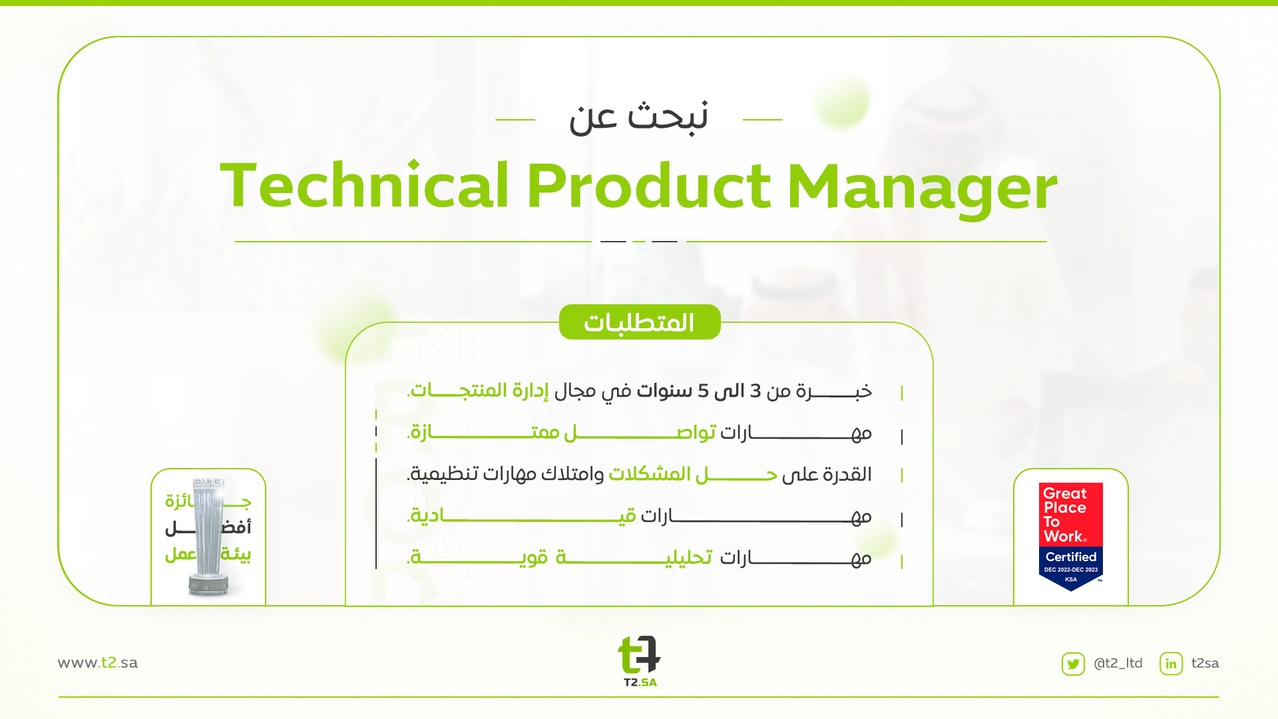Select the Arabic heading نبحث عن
point(638,118)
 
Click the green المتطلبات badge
point(640,322)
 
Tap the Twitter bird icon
point(1073,664)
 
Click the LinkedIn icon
point(1171,664)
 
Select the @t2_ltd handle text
point(1118,663)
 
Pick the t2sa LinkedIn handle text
point(1205,663)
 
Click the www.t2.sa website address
point(98,662)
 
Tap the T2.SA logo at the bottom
point(640,660)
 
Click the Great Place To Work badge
point(1071,537)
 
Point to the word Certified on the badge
point(1071,557)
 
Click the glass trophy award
point(208,536)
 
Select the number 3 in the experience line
point(755,391)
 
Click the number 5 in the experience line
point(704,391)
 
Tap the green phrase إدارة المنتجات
point(478,390)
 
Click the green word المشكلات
point(650,474)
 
